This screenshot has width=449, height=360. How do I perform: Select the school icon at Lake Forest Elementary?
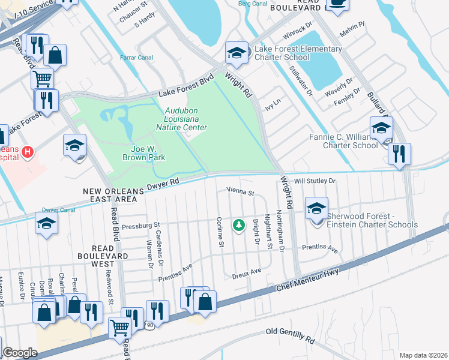pyautogui.click(x=237, y=53)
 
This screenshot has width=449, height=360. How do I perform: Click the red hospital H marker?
pyautogui.click(x=26, y=154)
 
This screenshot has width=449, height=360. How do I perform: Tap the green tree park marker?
pyautogui.click(x=240, y=225)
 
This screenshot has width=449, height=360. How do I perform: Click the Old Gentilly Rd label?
pyautogui.click(x=291, y=335)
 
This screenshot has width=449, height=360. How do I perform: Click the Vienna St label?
pyautogui.click(x=241, y=193)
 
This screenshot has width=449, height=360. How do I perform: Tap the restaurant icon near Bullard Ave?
pyautogui.click(x=399, y=154)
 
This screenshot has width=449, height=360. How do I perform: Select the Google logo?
pyautogui.click(x=19, y=353)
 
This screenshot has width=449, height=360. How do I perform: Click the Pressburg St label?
pyautogui.click(x=139, y=226)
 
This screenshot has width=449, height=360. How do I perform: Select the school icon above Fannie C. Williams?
pyautogui.click(x=381, y=127)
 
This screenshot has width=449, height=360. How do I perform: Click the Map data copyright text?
pyautogui.click(x=424, y=355)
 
